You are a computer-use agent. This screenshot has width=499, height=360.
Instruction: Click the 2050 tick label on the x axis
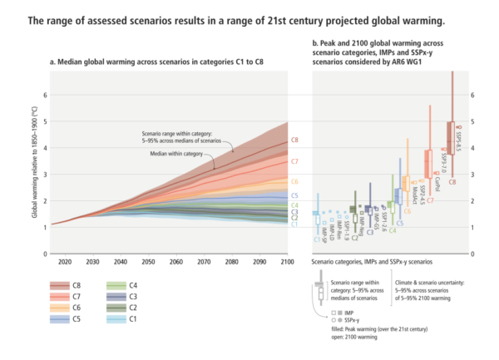coord(148,261)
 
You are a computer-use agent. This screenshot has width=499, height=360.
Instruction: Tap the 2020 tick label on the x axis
coord(65,261)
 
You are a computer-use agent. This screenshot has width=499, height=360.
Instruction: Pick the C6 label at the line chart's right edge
coord(295,181)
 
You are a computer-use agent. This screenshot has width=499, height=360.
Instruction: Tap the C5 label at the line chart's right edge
coord(295,196)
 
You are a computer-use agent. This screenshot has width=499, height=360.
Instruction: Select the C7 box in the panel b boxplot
coord(429,159)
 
